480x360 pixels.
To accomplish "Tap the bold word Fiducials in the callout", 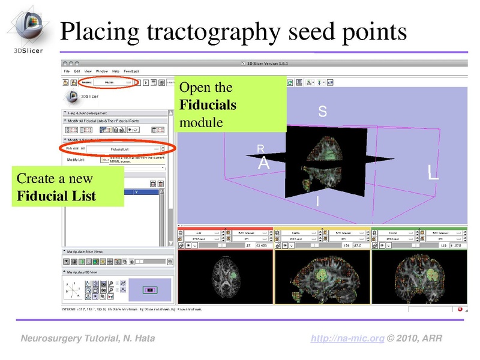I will (x=208, y=105).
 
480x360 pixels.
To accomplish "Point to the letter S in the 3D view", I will (x=322, y=112).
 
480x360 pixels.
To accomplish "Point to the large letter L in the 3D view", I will (x=433, y=173).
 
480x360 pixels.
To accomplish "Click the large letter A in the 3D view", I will (x=263, y=163).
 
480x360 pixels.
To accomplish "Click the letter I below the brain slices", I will (x=317, y=204).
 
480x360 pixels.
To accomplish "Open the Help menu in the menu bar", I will (x=116, y=71).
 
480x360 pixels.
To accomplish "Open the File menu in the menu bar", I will (x=67, y=71).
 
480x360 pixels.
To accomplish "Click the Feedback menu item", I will (x=131, y=71).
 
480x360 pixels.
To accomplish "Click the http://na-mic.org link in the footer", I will (x=347, y=339).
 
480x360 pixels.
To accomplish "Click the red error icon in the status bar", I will (x=460, y=310).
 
